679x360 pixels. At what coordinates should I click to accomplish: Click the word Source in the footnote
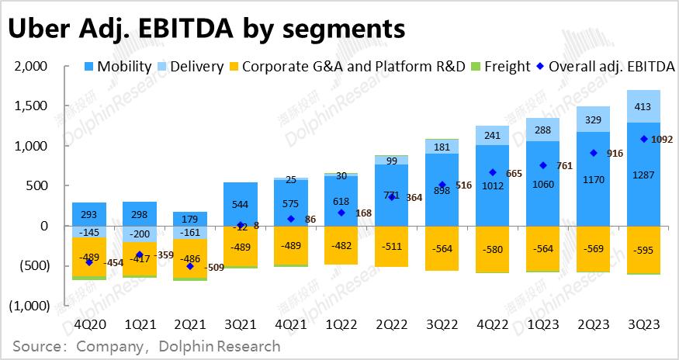point(39,346)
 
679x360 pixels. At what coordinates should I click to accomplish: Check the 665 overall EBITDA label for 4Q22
point(514,173)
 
